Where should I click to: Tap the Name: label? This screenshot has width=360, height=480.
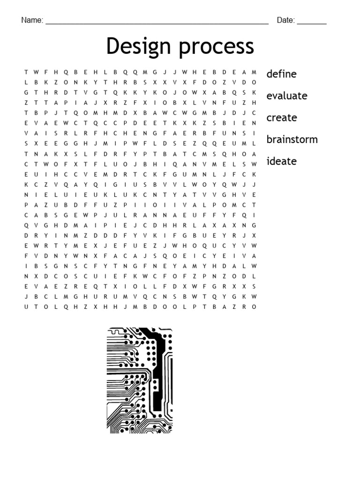[x=32, y=20]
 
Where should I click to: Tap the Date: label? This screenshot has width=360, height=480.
[x=285, y=20]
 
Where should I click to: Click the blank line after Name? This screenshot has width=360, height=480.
[x=157, y=22]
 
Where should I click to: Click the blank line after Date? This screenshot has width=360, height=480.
[x=312, y=22]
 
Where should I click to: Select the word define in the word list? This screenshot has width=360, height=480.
[x=281, y=74]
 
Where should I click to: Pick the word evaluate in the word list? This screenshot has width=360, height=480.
[x=287, y=96]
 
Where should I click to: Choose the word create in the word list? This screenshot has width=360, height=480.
[x=281, y=117]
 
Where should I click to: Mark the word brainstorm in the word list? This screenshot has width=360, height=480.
[x=292, y=139]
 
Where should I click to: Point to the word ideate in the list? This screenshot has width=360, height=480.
[x=281, y=161]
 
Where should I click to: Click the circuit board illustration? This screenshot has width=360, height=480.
[x=140, y=380]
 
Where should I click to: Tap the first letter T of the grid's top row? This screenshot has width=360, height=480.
[x=26, y=72]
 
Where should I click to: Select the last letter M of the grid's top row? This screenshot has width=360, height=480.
[x=254, y=72]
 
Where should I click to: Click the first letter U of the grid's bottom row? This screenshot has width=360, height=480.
[x=26, y=307]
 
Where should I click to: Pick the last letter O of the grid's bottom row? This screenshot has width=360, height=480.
[x=254, y=307]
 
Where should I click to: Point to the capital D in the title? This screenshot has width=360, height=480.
[x=113, y=46]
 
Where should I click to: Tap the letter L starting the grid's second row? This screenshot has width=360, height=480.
[x=26, y=82]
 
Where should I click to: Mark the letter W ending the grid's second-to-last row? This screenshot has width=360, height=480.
[x=254, y=297]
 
